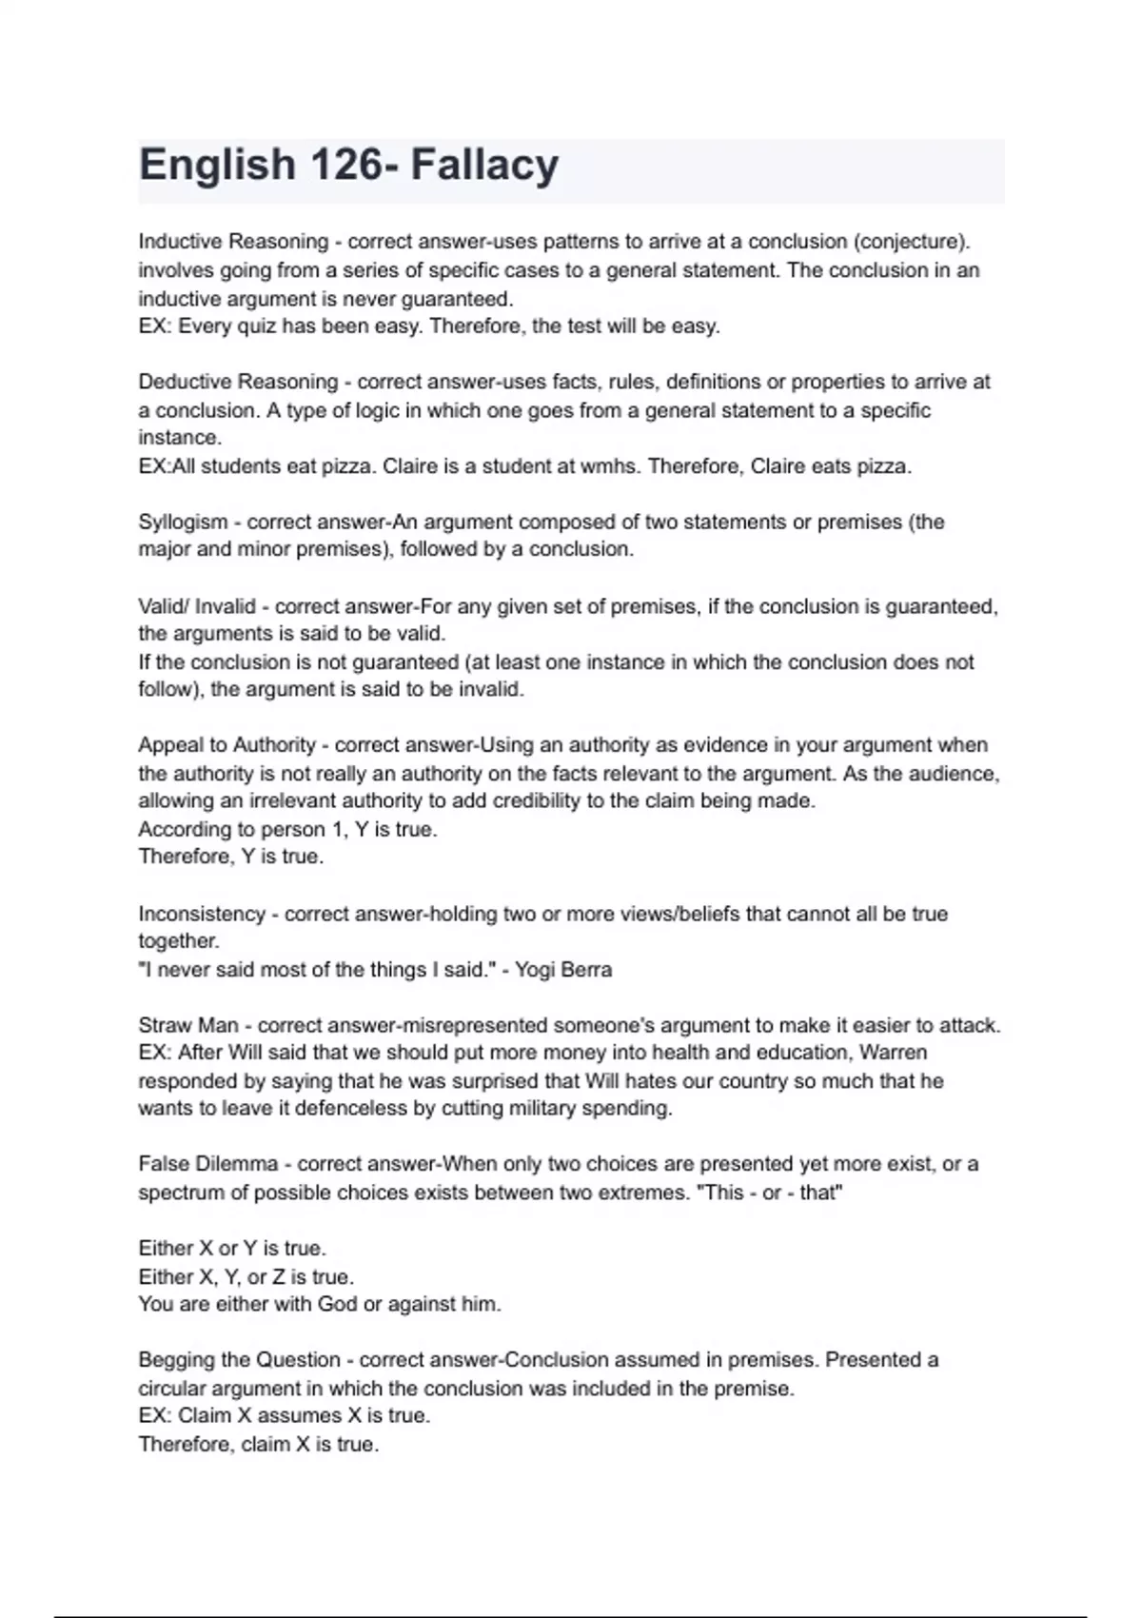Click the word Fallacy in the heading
point(484,165)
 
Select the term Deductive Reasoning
point(238,382)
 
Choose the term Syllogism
point(183,522)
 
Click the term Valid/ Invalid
point(197,606)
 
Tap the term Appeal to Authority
point(226,745)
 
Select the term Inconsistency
point(202,914)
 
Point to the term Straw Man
point(188,1025)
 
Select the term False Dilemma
point(208,1164)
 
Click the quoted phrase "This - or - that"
point(770,1193)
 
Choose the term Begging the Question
point(239,1360)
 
